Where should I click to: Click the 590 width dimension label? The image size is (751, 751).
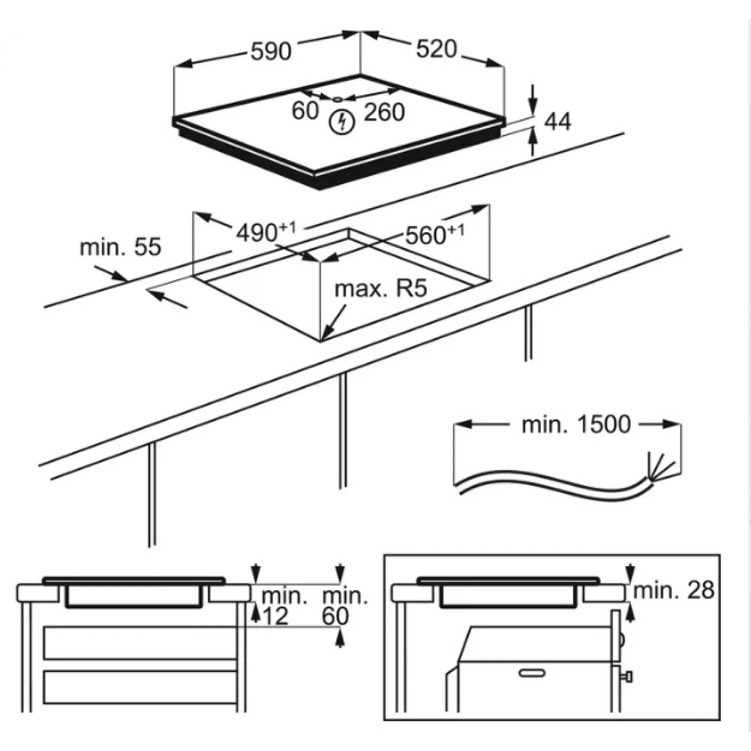pos(270,51)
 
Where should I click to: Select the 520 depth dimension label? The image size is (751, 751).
pos(436,49)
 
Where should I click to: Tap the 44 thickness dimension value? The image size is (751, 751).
pos(557,122)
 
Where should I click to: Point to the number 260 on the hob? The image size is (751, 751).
pos(384,112)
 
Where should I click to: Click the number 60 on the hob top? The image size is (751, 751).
pos(305,111)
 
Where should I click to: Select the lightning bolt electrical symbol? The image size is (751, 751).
pos(342,122)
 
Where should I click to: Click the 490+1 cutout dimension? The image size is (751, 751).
pos(266,232)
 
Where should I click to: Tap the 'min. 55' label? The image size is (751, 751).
pos(120,247)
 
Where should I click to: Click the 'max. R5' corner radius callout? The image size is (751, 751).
pos(381,289)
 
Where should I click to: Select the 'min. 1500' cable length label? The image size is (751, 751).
pos(576,425)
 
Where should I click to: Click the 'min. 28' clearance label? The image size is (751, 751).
pos(673,591)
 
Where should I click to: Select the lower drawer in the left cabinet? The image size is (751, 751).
pos(140,687)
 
